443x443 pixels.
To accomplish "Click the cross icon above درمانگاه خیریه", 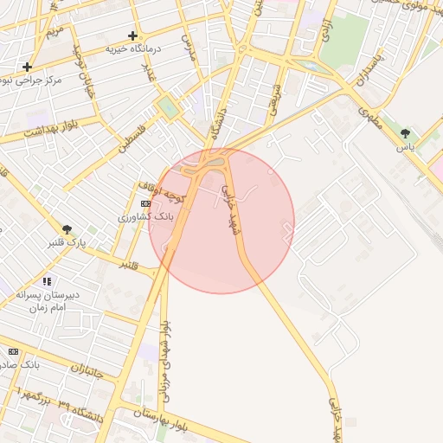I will (132, 35).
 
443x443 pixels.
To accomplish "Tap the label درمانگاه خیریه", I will (134, 48).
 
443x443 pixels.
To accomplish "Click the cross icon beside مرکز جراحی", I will (28, 67).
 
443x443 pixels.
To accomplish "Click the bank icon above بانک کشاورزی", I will (145, 202).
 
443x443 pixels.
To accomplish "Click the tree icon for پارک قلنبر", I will (67, 229).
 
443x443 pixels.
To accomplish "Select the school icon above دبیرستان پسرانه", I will (47, 281).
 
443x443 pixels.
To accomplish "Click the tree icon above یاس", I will (406, 133).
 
